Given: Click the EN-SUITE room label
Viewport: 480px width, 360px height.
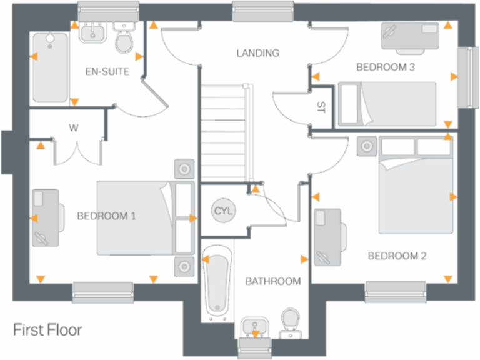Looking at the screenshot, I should [x=107, y=72].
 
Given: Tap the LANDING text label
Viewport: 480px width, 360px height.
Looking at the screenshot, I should [x=257, y=53].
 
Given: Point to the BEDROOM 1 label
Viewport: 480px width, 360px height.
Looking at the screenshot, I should [x=107, y=216].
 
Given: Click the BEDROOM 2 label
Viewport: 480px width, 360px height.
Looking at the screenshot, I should [x=397, y=256].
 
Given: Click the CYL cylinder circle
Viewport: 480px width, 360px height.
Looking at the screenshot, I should [x=222, y=211].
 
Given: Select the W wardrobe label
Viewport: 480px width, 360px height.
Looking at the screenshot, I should [x=73, y=128].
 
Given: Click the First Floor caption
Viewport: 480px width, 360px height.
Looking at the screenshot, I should [x=47, y=329].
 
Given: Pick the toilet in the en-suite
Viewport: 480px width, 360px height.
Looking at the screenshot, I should [x=124, y=39].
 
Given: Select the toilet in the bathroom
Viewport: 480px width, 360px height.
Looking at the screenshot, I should [x=289, y=321].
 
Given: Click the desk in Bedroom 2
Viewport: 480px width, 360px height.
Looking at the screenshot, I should [x=328, y=237].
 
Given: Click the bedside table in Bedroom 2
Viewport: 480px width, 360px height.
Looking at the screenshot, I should [x=366, y=146].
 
